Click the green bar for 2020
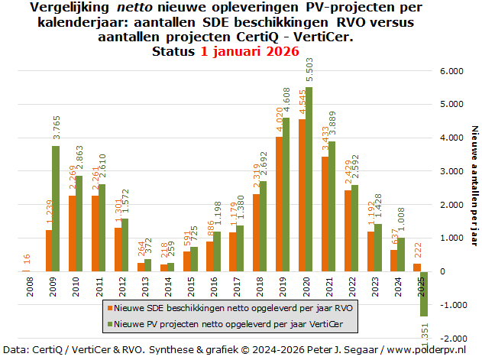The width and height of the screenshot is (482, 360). [x=309, y=179]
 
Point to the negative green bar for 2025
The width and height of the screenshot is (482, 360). [x=423, y=294]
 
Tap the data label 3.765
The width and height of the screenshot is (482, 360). [x=57, y=129]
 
